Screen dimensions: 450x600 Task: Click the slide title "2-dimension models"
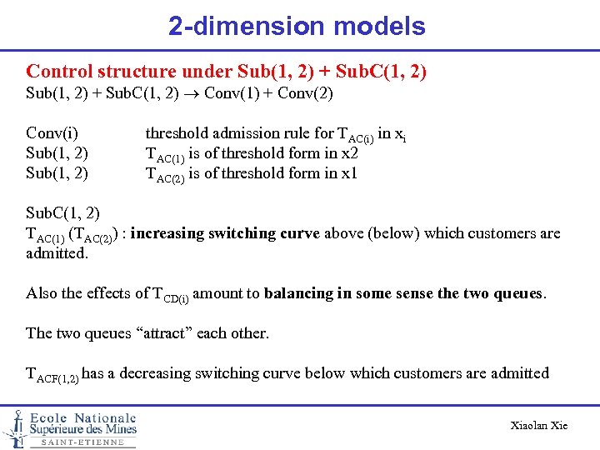[297, 27]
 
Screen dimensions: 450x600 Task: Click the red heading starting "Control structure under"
[227, 72]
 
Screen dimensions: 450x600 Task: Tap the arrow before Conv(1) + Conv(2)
[192, 94]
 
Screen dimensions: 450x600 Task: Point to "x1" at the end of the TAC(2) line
[348, 173]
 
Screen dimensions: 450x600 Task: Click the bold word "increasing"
[174, 233]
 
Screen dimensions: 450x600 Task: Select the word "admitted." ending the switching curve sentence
[57, 252]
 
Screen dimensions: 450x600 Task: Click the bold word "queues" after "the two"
[517, 292]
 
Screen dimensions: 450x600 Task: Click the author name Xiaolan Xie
[538, 425]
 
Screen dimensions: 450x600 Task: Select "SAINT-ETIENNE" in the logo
[82, 442]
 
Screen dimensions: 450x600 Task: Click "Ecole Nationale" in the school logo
[83, 417]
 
